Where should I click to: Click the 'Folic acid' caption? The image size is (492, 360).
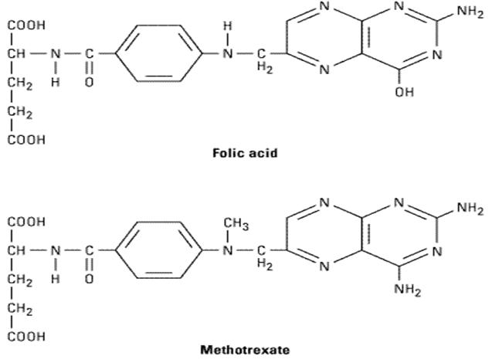(244, 152)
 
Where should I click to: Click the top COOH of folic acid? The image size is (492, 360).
(26, 26)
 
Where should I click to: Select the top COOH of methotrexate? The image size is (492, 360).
(26, 222)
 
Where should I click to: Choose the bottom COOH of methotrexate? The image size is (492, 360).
(26, 336)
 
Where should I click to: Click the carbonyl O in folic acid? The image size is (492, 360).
(89, 83)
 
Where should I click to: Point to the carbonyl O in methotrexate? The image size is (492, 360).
(89, 279)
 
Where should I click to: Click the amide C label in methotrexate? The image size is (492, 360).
(89, 251)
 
